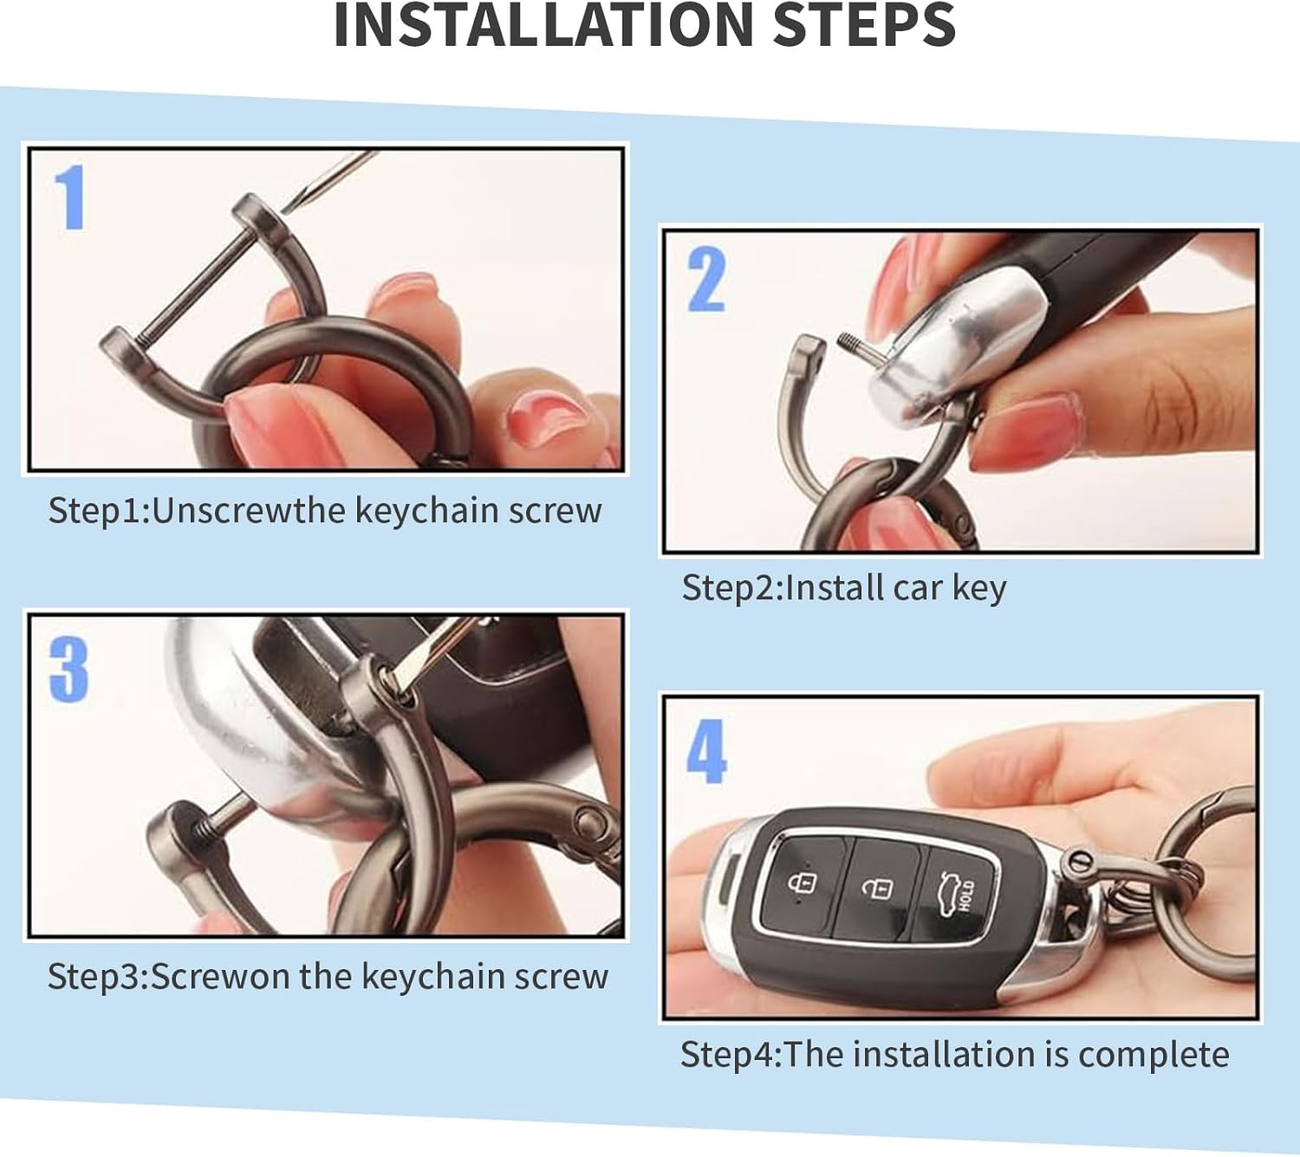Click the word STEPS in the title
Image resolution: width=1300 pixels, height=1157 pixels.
[x=864, y=25]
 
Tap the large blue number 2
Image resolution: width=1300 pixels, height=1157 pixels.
[x=706, y=280]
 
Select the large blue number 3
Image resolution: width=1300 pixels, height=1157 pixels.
[x=68, y=669]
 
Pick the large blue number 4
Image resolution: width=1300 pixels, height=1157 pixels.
[x=706, y=751]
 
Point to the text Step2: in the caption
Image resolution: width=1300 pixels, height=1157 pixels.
[x=732, y=587]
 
